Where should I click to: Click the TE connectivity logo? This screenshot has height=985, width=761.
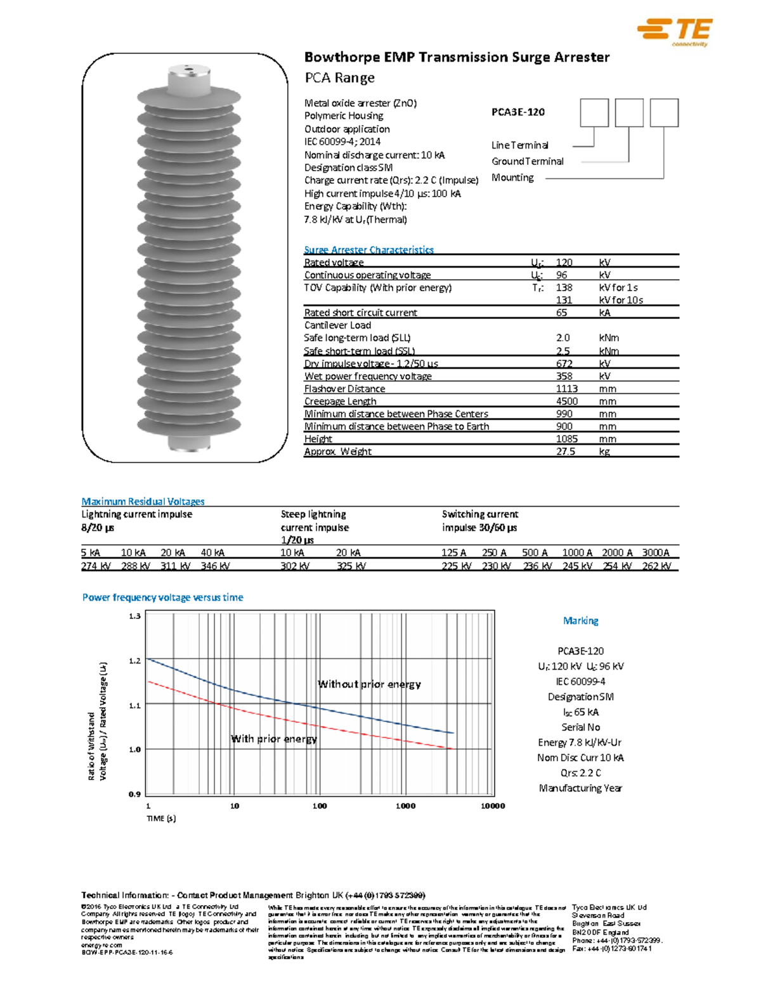[x=675, y=32]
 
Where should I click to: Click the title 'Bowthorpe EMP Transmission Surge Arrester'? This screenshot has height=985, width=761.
[x=457, y=57]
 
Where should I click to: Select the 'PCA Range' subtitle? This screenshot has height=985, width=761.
[x=339, y=78]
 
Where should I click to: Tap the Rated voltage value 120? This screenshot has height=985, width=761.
[x=564, y=263]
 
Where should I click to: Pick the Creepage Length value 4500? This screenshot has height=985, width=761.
[x=566, y=401]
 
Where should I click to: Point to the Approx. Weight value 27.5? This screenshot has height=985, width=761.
[x=566, y=452]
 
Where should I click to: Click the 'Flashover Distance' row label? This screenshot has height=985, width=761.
[x=344, y=389]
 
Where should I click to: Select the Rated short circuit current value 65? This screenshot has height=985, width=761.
[x=562, y=313]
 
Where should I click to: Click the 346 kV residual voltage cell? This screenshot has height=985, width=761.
[x=215, y=566]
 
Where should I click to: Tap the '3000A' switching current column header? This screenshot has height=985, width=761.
[x=656, y=552]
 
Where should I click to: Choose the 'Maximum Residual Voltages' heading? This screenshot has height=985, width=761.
[x=143, y=502]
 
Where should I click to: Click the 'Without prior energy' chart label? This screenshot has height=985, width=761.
[x=369, y=684]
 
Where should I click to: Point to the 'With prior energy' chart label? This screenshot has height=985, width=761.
[x=274, y=739]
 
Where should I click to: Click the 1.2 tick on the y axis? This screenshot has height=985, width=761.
[x=134, y=661]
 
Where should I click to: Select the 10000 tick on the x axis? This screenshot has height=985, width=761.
[x=493, y=806]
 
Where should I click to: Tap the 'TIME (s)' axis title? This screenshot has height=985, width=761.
[x=161, y=819]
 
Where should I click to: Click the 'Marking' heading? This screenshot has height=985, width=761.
[x=580, y=621]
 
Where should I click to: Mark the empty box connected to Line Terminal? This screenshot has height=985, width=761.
[x=594, y=113]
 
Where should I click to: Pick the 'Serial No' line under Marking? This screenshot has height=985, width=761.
[x=580, y=727]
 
